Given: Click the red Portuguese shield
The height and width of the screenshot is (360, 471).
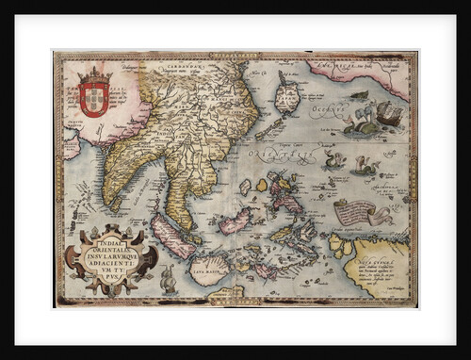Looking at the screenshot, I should click(94, 97).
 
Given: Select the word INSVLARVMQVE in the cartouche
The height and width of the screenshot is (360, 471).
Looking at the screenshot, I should click(110, 250).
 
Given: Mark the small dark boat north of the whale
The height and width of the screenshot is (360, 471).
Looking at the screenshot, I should click(359, 94).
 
